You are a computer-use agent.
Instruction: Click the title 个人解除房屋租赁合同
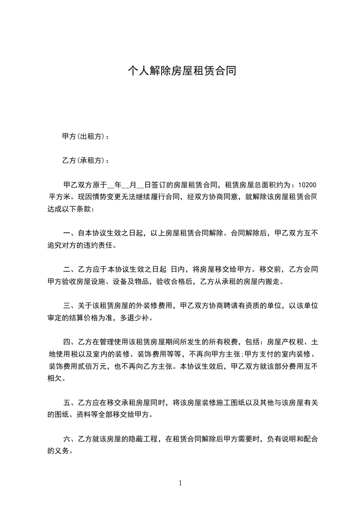click(182, 71)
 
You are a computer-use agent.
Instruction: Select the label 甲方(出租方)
click(84, 137)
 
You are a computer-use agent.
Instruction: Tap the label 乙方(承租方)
click(84, 161)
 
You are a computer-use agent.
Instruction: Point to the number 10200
click(307, 185)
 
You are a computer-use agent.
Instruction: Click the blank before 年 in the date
click(111, 185)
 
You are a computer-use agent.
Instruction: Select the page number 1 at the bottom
click(180, 483)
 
